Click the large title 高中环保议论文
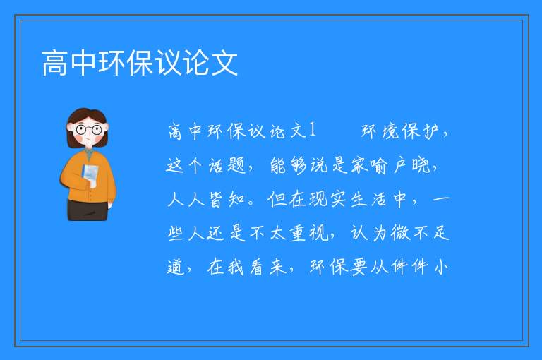tap(140, 63)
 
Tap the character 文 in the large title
tap(224, 63)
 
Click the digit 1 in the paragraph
tap(312, 131)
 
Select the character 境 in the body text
tap(390, 131)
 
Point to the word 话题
tap(227, 165)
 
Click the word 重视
tap(309, 233)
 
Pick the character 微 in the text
tap(400, 233)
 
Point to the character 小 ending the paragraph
tap(440, 267)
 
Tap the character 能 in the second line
tap(278, 165)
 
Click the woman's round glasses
tap(89, 130)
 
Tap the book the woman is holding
tap(90, 174)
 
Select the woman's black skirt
tap(88, 210)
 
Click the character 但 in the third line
tap(277, 199)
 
